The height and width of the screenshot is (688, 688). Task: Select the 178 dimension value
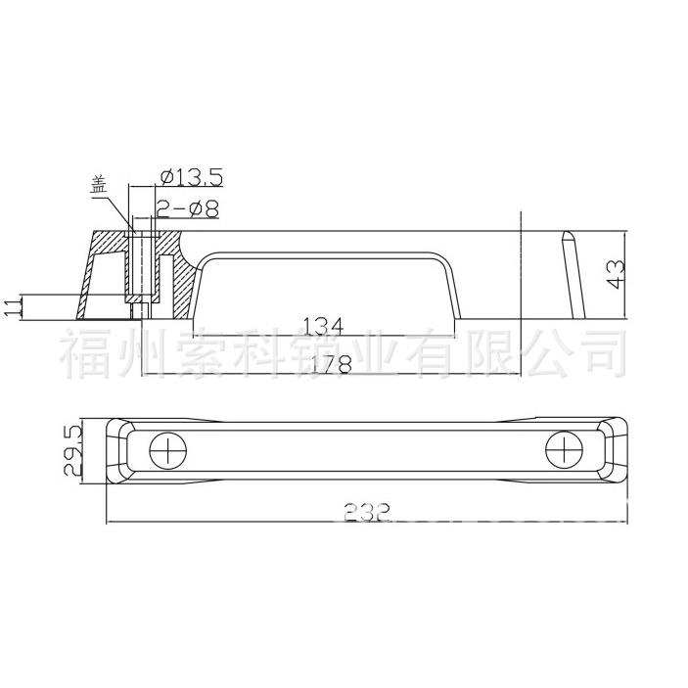325,363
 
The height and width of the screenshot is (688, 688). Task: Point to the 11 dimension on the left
12,307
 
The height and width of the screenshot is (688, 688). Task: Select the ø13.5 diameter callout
190,177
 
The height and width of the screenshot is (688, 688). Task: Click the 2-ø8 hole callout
187,207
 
